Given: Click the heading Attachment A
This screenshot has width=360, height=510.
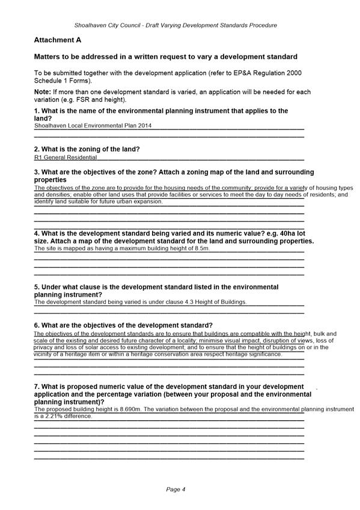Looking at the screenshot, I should click(57, 40).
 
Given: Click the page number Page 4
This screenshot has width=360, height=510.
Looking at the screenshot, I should click(175, 490).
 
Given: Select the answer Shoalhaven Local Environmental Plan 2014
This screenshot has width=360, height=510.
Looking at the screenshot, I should click(93, 126).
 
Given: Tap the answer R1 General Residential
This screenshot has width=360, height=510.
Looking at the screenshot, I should click(66, 158).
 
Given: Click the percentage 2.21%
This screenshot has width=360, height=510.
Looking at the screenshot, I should click(54, 416).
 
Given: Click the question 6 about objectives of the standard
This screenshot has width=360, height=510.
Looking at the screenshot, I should click(123, 325).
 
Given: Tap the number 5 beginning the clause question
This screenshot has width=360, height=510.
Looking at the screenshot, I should click(36, 287).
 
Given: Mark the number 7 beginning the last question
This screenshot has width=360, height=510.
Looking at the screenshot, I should click(36, 387).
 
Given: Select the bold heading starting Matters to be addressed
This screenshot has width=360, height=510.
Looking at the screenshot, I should click(166, 57).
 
